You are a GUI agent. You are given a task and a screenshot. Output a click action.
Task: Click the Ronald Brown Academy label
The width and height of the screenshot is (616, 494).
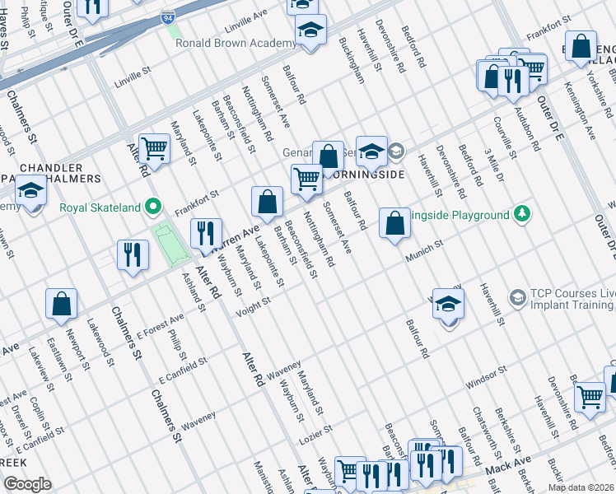(x=236, y=44)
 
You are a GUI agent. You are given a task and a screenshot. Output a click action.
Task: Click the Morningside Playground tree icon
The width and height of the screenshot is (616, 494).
(x=520, y=215)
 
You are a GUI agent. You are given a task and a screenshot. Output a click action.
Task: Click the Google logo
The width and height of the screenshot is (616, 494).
(x=28, y=483)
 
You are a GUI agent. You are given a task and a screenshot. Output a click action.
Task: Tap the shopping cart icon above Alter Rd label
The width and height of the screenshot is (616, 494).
(x=154, y=148)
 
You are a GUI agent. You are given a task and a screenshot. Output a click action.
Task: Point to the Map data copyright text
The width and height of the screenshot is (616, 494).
(x=581, y=487)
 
